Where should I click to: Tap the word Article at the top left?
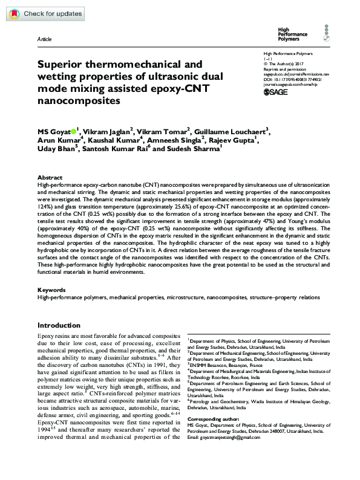44,38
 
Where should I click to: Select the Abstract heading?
49,178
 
